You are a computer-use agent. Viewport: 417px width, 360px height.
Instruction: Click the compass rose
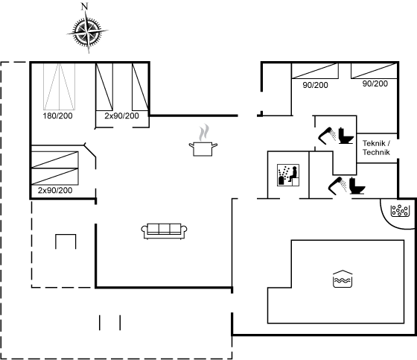coord(88,32)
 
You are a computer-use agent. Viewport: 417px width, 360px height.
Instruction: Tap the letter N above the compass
coord(85,7)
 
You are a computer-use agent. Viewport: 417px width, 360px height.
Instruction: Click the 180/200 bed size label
coord(58,116)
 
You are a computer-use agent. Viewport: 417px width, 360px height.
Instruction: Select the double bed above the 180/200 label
coord(59,86)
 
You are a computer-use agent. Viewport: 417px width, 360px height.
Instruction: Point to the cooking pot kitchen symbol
coord(203,149)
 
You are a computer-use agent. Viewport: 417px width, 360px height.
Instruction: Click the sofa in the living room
coord(164,231)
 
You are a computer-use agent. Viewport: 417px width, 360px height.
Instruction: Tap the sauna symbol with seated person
coord(288,175)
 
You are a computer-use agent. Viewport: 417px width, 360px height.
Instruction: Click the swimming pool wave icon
coord(343,279)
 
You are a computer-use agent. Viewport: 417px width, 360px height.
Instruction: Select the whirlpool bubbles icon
coord(399,210)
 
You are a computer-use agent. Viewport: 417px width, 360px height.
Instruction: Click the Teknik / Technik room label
coord(376,148)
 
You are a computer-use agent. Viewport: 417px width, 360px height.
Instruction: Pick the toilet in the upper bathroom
coord(346,136)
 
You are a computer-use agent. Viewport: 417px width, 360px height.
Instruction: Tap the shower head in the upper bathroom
coord(327,136)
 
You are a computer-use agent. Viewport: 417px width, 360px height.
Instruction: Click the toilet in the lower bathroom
coord(357,186)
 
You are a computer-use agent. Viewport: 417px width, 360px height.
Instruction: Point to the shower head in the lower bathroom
coord(337,185)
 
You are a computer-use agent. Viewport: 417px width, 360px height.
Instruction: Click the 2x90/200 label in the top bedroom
coord(121,116)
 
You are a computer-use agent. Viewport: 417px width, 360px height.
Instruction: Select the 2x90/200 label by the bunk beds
coord(55,190)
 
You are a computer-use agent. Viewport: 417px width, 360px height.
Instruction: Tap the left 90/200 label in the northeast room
coord(315,85)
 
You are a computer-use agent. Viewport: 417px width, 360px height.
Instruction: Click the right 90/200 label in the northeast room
coord(375,83)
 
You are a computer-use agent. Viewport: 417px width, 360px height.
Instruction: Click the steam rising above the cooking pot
coord(204,133)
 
